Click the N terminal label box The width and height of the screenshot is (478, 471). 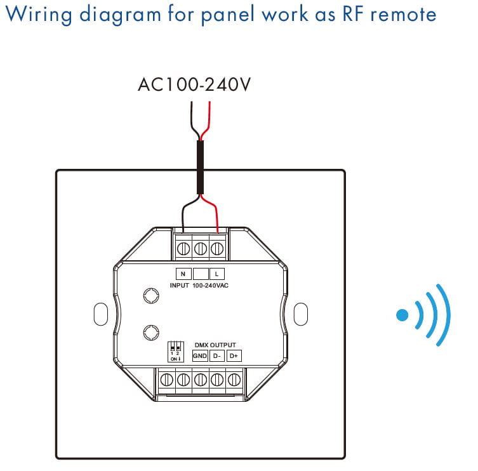(183, 274)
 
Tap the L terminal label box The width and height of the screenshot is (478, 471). (217, 274)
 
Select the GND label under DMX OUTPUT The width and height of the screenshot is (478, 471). (200, 356)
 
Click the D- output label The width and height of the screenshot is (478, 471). (216, 356)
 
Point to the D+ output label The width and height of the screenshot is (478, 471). (234, 356)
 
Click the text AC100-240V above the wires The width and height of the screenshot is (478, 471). (194, 84)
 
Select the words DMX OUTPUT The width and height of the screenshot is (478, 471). (215, 345)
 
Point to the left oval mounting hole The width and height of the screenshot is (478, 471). (100, 314)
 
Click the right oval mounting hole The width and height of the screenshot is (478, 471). (301, 314)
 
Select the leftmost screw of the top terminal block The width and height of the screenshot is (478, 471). (184, 248)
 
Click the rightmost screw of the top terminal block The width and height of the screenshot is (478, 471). (217, 248)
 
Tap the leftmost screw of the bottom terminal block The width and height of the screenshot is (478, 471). (166, 381)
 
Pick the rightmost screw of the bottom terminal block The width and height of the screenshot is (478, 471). (234, 381)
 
